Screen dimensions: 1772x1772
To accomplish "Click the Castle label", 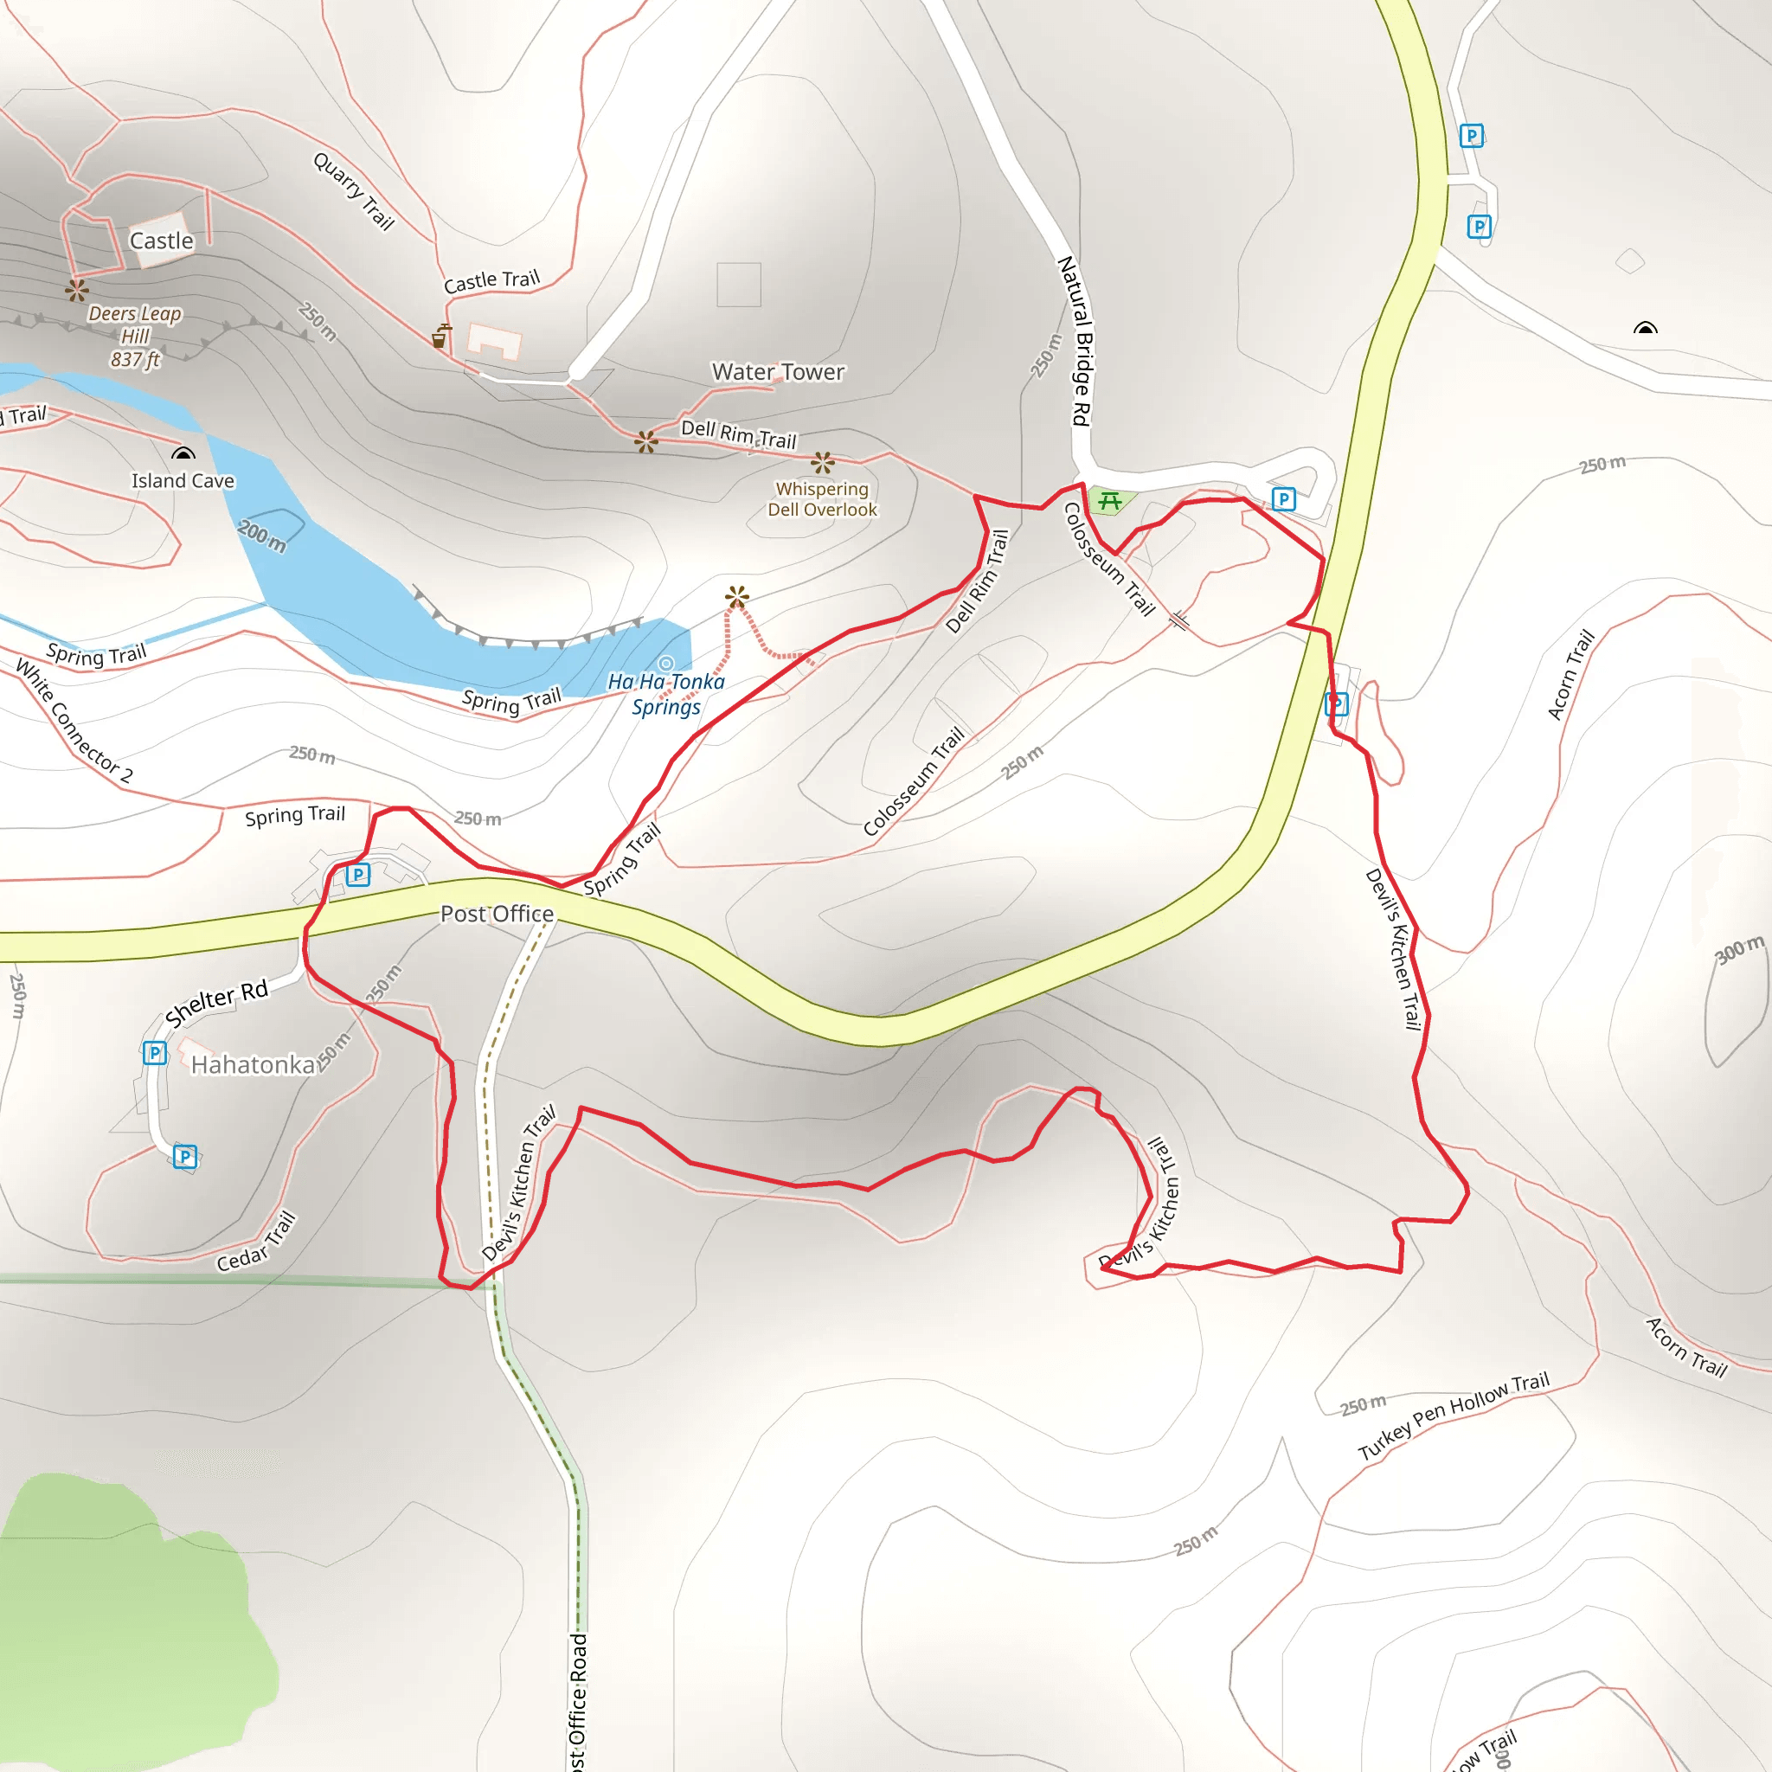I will [x=162, y=241].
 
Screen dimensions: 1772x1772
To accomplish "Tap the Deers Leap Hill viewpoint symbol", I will [x=77, y=291].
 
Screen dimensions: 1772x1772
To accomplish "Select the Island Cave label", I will [x=183, y=480].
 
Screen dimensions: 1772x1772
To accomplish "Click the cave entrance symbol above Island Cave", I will [x=183, y=453].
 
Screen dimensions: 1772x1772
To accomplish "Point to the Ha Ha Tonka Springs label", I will [x=666, y=693].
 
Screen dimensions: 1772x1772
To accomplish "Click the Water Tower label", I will [x=778, y=371].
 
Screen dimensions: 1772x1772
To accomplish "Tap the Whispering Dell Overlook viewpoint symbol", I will [x=823, y=462].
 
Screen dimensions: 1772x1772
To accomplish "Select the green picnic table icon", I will [x=1110, y=501].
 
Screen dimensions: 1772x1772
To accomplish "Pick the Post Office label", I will [x=498, y=914].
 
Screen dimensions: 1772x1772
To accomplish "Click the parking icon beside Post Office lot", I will [x=357, y=874].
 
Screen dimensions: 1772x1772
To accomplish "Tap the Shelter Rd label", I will [x=216, y=1003].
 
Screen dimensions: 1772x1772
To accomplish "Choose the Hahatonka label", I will [x=254, y=1065].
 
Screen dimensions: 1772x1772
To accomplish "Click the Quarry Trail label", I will [x=354, y=190].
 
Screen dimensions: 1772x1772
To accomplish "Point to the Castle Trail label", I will [x=491, y=280].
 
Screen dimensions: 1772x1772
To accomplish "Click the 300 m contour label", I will [x=1739, y=949].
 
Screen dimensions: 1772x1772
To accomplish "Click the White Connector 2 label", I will [x=74, y=722].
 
